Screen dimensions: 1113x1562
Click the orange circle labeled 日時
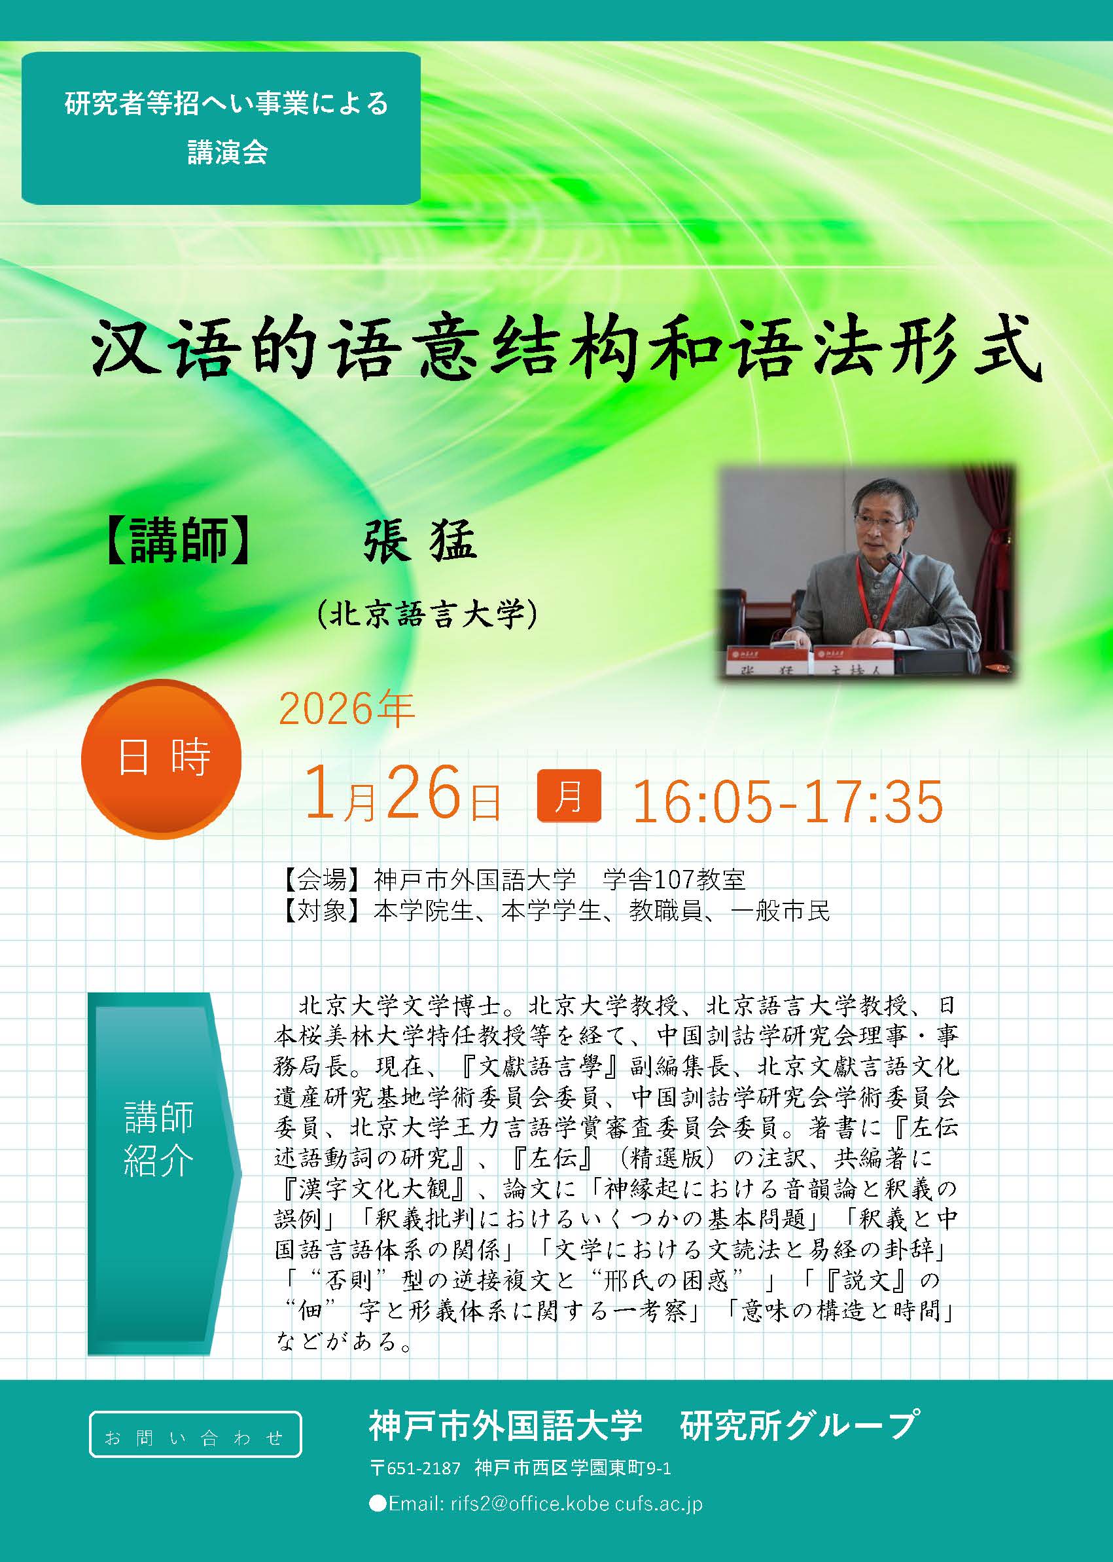[x=161, y=758]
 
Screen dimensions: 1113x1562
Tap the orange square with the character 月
[x=569, y=795]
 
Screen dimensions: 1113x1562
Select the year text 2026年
[x=347, y=708]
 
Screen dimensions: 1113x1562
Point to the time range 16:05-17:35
[x=787, y=801]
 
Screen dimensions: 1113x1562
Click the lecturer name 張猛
[x=420, y=538]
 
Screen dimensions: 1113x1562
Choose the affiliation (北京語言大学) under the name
[x=426, y=613]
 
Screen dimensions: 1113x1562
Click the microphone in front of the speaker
[x=925, y=604]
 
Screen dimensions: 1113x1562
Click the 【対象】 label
[x=322, y=911]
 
